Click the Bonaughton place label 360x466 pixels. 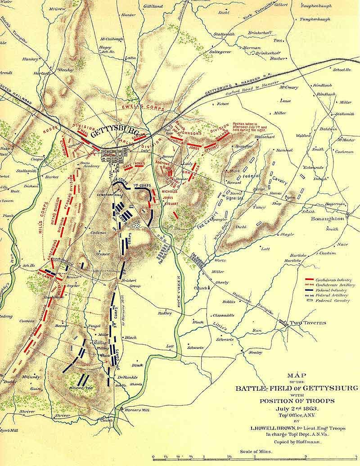(x=328, y=218)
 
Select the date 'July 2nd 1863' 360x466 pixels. (x=298, y=408)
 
